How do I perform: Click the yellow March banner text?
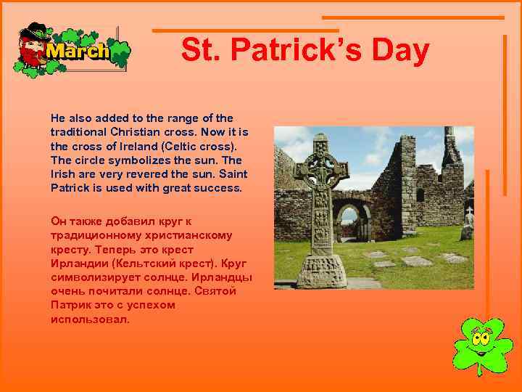pos(78,52)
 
